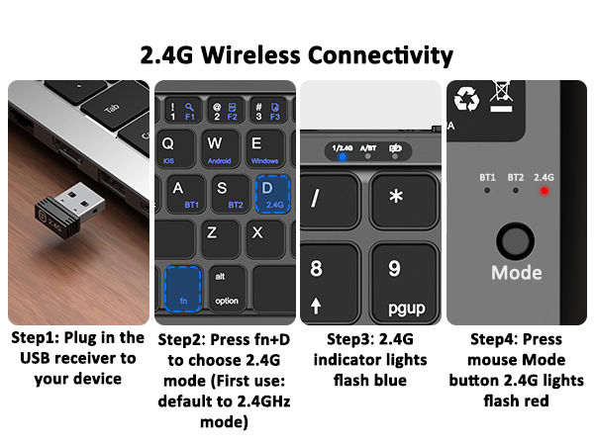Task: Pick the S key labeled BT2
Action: pos(229,193)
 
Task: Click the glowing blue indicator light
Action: pos(343,155)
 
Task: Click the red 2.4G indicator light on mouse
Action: pos(544,190)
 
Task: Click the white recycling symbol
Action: pos(466,99)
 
